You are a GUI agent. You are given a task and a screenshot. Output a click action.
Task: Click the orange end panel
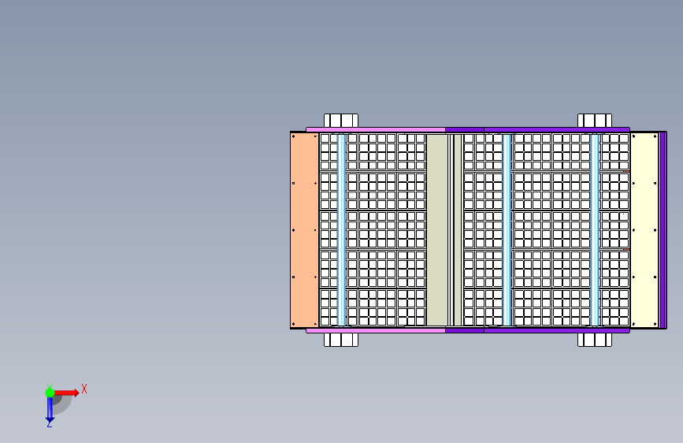pyautogui.click(x=305, y=230)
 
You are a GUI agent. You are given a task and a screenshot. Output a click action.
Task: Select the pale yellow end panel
pyautogui.click(x=644, y=230)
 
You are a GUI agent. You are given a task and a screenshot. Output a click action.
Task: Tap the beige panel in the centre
pyautogui.click(x=437, y=230)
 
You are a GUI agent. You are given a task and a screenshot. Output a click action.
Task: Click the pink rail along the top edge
pyautogui.click(x=376, y=129)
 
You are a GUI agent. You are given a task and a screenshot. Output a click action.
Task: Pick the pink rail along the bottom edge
pyautogui.click(x=376, y=330)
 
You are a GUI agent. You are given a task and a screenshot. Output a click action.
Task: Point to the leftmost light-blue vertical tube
pyautogui.click(x=342, y=230)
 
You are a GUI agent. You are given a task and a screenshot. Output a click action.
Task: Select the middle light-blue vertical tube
pyautogui.click(x=507, y=230)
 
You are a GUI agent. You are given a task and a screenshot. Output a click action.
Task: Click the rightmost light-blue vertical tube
pyautogui.click(x=595, y=230)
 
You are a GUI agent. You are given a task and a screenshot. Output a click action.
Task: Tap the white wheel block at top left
pyautogui.click(x=341, y=121)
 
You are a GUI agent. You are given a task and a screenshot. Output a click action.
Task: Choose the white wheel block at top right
pyautogui.click(x=595, y=121)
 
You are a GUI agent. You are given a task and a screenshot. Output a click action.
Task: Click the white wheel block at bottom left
pyautogui.click(x=341, y=340)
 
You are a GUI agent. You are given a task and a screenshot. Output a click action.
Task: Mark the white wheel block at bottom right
pyautogui.click(x=595, y=340)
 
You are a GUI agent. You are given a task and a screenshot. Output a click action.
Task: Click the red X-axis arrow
pyautogui.click(x=65, y=393)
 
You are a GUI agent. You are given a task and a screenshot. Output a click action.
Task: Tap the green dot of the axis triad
pyautogui.click(x=50, y=393)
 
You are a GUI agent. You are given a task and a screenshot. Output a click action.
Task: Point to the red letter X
pyautogui.click(x=84, y=389)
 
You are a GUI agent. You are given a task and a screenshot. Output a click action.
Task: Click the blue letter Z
pyautogui.click(x=49, y=423)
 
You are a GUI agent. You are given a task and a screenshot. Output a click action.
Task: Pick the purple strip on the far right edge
pyautogui.click(x=663, y=230)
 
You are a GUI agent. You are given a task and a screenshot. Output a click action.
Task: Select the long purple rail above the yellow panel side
pyautogui.click(x=537, y=129)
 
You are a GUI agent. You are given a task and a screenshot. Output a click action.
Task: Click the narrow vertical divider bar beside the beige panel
pyautogui.click(x=458, y=230)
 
